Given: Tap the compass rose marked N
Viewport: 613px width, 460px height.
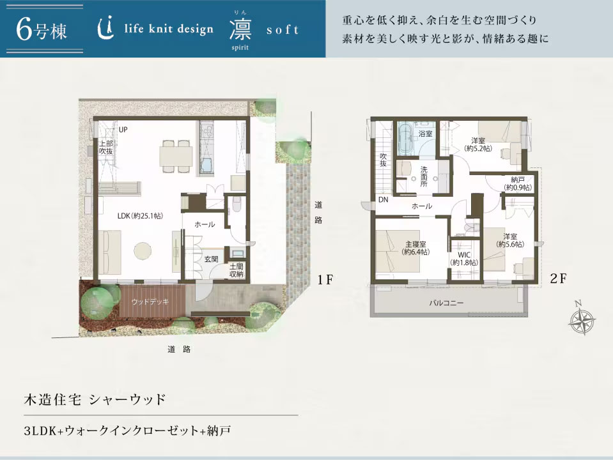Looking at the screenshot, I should [x=582, y=319].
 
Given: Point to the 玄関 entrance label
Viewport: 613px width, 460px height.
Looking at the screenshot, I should [x=212, y=259].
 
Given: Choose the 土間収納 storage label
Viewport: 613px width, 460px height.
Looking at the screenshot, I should [x=237, y=270].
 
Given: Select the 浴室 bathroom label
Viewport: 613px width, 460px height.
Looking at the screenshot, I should [x=425, y=134].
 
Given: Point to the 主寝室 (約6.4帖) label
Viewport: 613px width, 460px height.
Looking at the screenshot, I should [x=415, y=247].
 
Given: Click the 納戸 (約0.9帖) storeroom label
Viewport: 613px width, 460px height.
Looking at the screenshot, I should [x=518, y=183].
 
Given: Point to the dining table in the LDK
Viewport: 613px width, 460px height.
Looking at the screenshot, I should [x=176, y=154].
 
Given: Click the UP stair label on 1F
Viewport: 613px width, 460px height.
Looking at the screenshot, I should [x=123, y=130].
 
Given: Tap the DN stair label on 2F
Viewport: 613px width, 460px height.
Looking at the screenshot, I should [x=383, y=199].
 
